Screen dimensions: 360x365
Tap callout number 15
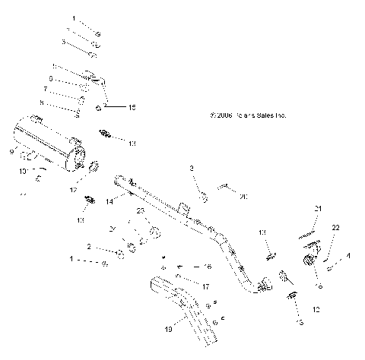pyautogui.click(x=132, y=109)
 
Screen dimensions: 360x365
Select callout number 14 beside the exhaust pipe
pyautogui.click(x=109, y=201)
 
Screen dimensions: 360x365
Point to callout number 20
pyautogui.click(x=243, y=196)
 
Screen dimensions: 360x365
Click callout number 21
pyautogui.click(x=319, y=209)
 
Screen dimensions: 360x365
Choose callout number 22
pyautogui.click(x=335, y=228)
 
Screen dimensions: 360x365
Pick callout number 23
pyautogui.click(x=140, y=210)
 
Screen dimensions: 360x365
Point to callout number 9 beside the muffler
pyautogui.click(x=11, y=153)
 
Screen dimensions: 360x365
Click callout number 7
pyautogui.click(x=45, y=89)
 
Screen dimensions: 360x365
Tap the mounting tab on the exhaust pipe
pyautogui.click(x=182, y=207)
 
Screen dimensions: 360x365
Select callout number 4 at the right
pyautogui.click(x=349, y=257)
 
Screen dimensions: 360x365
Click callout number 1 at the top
pyautogui.click(x=74, y=17)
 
